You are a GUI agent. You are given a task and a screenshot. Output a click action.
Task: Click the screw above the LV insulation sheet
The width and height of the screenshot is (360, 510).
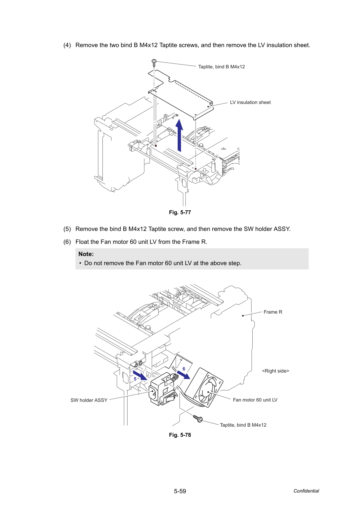[x=154, y=62]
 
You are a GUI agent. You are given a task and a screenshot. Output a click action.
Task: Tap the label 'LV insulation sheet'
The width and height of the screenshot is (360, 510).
[x=250, y=103]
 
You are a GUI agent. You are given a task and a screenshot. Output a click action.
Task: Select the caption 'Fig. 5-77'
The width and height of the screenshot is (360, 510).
[x=180, y=212]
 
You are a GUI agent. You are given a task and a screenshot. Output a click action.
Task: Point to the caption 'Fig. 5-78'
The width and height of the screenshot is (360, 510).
[x=180, y=435]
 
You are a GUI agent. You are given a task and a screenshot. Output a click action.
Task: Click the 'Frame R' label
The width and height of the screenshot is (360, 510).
[x=273, y=312]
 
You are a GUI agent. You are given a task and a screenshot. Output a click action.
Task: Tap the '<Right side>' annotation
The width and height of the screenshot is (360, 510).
[x=275, y=371]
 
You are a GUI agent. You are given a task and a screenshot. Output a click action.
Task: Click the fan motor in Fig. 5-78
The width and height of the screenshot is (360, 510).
[x=204, y=388]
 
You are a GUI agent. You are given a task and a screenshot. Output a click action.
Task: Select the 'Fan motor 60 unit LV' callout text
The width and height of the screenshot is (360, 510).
[x=255, y=400]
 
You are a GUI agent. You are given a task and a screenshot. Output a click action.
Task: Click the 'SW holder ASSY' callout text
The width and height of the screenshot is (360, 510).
[x=89, y=400]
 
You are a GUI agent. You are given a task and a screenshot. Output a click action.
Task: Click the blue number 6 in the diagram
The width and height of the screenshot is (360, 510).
[x=184, y=369]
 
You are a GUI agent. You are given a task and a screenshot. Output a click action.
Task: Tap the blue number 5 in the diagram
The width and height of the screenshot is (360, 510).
[x=135, y=379]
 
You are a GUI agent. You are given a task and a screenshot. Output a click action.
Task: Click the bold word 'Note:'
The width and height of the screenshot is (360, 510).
[x=86, y=254]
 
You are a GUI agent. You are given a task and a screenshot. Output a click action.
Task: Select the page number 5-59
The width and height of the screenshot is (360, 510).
[x=180, y=491]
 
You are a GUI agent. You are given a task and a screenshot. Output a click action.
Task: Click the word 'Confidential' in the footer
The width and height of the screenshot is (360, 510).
[x=306, y=491]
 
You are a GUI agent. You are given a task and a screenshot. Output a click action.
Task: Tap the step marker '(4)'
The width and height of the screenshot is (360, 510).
[x=67, y=45]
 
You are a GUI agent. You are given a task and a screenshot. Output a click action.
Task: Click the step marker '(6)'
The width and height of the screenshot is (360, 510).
[x=67, y=242]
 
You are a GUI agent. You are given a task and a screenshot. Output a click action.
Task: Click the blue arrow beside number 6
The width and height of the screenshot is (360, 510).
[x=184, y=375]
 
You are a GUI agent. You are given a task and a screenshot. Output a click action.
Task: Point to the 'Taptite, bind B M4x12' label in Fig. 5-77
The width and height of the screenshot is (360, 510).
[x=222, y=67]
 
